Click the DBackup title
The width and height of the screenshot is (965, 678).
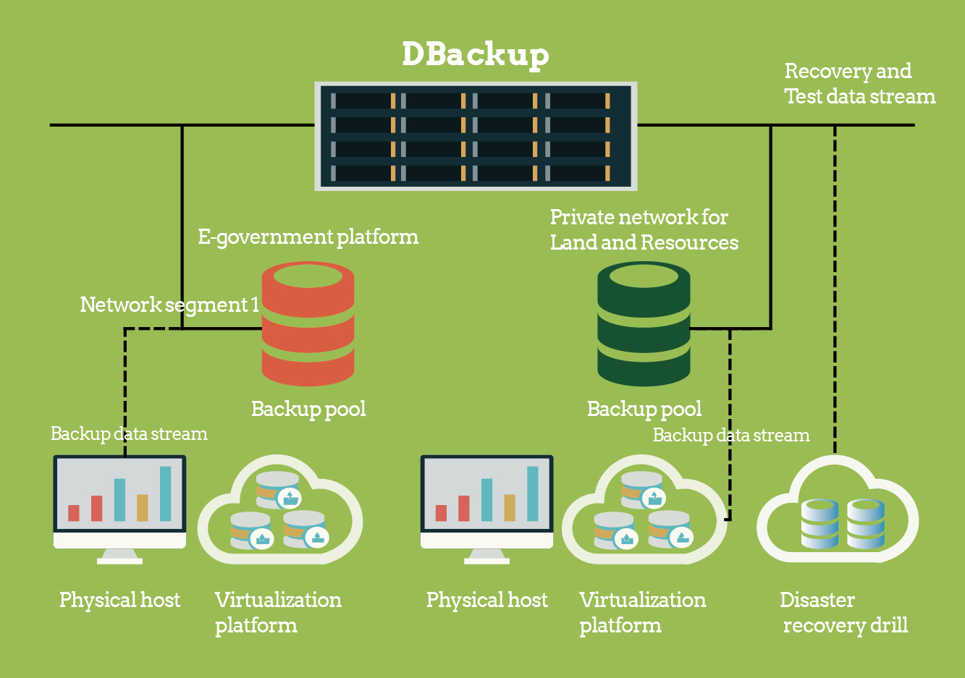[x=475, y=54]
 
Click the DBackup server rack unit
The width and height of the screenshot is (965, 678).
[x=476, y=136]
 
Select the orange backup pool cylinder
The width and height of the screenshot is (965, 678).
[x=308, y=323]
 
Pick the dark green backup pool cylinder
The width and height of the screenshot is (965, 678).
[x=644, y=323]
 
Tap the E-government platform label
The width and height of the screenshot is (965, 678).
[x=308, y=237]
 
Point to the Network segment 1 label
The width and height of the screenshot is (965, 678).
[x=169, y=305]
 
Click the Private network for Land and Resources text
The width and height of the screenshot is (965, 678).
[x=644, y=230]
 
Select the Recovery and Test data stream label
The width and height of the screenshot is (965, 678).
[x=859, y=84]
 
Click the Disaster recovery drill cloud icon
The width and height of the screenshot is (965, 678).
[x=838, y=514]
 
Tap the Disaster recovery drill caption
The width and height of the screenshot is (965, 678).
[x=843, y=612]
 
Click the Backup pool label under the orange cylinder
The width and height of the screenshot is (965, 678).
[x=308, y=410]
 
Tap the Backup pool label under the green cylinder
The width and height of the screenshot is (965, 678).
[x=644, y=410]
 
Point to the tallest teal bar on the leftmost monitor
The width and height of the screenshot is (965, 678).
[x=166, y=493]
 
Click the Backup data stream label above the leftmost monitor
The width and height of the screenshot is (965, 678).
[x=129, y=434]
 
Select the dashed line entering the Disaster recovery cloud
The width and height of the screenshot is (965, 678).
[x=835, y=289]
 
